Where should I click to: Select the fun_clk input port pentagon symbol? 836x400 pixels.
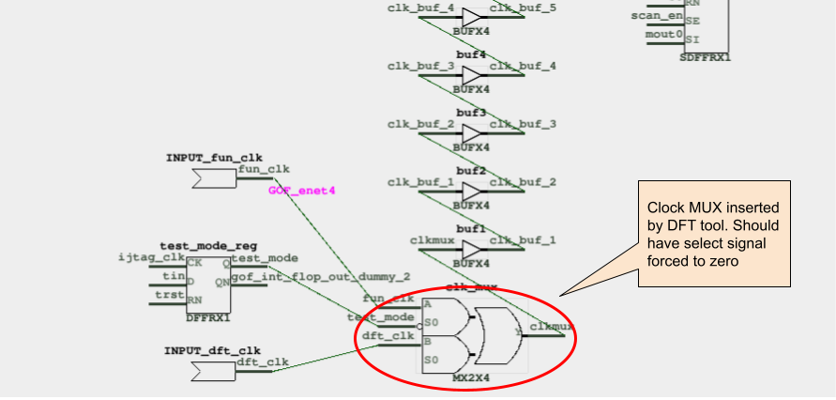coord(212,179)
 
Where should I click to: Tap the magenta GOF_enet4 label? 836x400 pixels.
coord(301,191)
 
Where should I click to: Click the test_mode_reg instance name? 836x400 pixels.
coord(208,245)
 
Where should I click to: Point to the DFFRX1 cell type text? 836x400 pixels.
coord(208,318)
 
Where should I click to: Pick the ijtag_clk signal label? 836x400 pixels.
coord(152,257)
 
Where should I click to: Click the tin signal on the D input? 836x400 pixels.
coord(173,276)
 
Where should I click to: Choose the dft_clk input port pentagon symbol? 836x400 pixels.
coord(212,372)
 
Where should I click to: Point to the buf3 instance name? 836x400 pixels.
coord(470,113)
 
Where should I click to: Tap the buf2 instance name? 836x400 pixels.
coord(470,171)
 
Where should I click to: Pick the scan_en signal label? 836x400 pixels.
coord(657,15)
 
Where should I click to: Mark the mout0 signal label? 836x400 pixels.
coord(664,35)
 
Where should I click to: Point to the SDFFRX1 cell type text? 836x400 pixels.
coord(705,57)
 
